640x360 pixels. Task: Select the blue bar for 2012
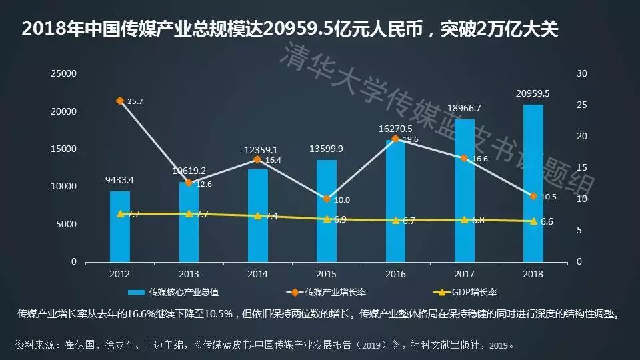[x=120, y=227]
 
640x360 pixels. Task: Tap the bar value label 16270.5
[x=395, y=129]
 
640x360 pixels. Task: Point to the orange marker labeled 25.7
[x=120, y=101]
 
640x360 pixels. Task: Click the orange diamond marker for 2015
[x=327, y=199]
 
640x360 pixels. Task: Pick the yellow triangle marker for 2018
[x=533, y=221]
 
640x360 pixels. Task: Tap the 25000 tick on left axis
[x=65, y=73]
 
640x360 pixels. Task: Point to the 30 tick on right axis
[x=581, y=73]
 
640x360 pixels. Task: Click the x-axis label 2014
[x=257, y=274]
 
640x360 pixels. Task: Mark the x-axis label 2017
[x=464, y=274]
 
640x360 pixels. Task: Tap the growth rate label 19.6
[x=411, y=140]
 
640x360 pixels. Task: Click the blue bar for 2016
[x=395, y=200]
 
